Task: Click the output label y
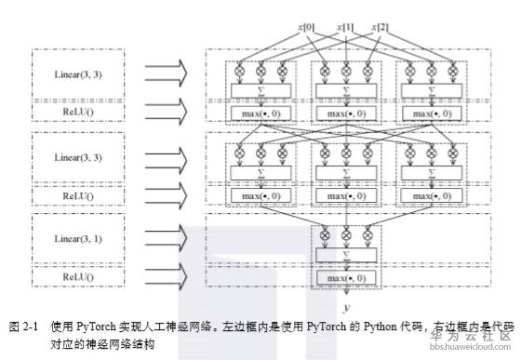click(x=346, y=307)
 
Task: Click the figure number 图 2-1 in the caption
click(x=21, y=327)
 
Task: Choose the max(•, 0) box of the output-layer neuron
click(x=346, y=278)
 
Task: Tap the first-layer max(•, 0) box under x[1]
click(x=346, y=113)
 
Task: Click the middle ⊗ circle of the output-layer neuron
click(x=346, y=234)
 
